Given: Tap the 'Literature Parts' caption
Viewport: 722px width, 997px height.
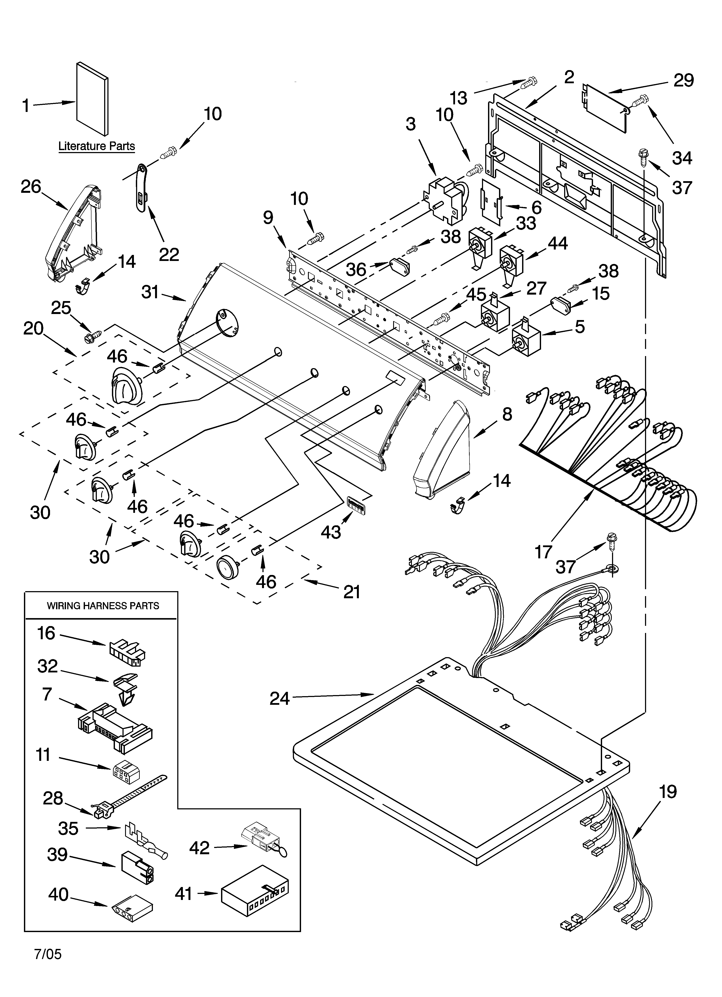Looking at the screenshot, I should (97, 146).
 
